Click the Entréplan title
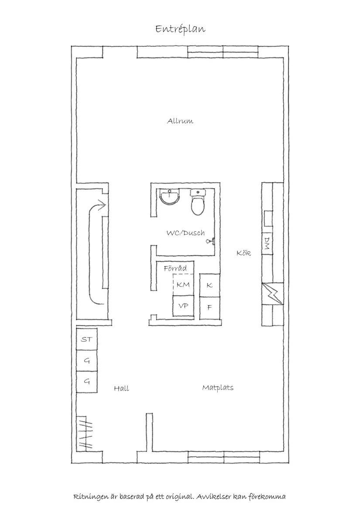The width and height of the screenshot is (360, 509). point(180,29)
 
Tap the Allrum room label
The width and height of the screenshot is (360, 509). point(180,121)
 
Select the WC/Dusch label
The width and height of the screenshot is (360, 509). point(186,233)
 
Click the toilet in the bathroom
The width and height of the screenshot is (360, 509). point(197,203)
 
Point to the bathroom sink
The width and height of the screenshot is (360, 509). point(170,197)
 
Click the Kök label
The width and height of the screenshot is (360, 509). point(243,253)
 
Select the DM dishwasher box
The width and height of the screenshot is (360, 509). point(267,244)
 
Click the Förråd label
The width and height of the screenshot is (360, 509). point(175,268)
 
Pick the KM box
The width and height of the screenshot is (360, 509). point(183,285)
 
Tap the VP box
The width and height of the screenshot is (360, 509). point(183,306)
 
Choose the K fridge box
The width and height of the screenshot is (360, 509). point(210,285)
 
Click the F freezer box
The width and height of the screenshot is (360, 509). point(210,307)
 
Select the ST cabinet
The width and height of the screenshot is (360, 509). point(87,339)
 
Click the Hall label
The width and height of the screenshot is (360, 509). point(121,388)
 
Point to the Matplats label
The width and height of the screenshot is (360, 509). point(218,387)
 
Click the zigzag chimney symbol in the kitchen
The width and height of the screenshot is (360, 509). point(272,294)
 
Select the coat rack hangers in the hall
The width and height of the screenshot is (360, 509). point(86,433)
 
